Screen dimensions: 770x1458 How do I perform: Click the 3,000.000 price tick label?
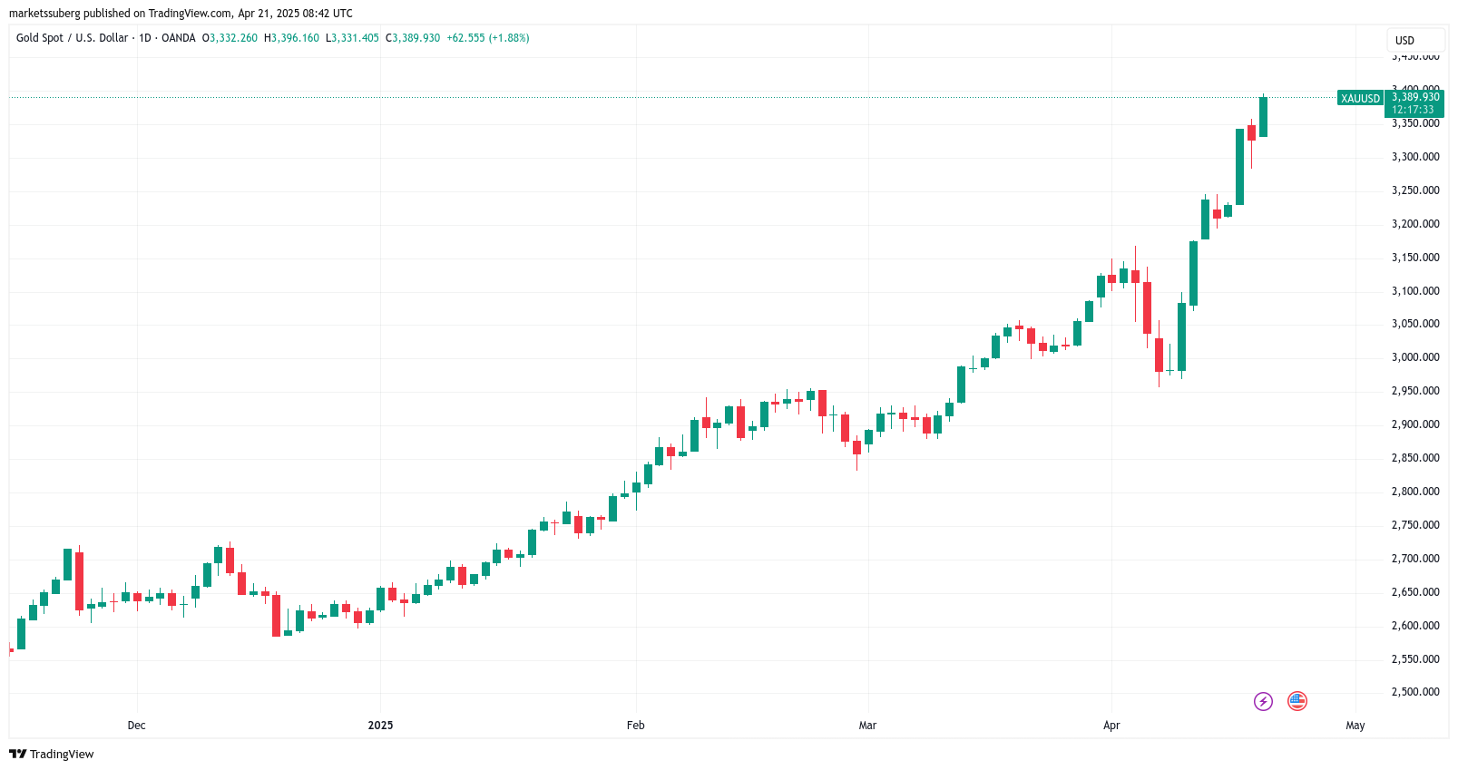point(1415,357)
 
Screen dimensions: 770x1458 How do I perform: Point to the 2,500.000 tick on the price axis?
point(1415,692)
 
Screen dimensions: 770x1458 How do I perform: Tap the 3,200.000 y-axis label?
point(1415,224)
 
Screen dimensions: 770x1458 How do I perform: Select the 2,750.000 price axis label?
point(1415,525)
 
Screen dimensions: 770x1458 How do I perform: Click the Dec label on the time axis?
point(136,726)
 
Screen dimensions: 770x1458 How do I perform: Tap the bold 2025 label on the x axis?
point(380,726)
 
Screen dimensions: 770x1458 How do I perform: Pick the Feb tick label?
point(635,726)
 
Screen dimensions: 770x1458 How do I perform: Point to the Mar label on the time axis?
point(867,726)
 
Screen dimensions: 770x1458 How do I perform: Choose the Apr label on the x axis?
point(1111,726)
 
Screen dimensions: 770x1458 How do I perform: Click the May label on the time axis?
point(1355,726)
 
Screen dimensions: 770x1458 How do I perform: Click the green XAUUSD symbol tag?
point(1360,98)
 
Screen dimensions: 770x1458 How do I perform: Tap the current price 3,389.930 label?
point(1415,97)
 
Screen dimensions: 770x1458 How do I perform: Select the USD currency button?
point(1404,41)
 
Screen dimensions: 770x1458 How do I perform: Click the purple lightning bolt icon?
point(1263,701)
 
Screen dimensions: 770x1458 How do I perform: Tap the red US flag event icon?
point(1297,701)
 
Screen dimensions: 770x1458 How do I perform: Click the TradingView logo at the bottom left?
point(52,755)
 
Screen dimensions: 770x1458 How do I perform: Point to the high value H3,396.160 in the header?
point(291,38)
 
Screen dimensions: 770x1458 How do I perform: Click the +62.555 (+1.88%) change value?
point(488,38)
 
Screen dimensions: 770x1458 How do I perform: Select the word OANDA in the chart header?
point(178,38)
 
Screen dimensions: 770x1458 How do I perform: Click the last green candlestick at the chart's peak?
point(1263,117)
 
